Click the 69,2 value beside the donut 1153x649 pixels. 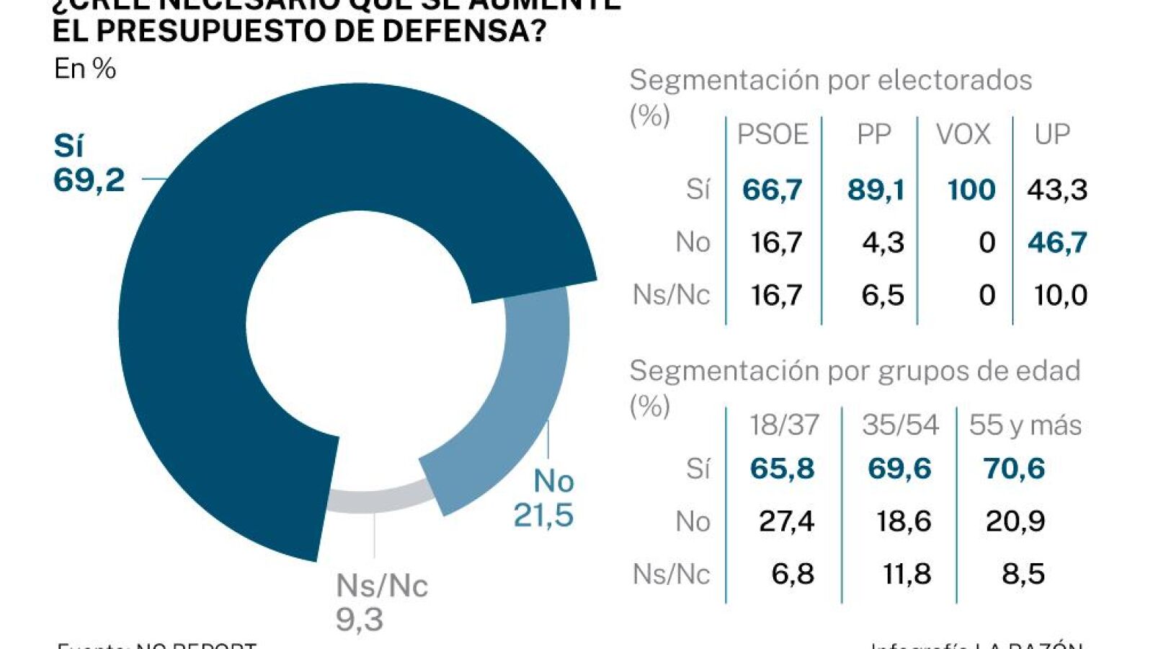pos(89,180)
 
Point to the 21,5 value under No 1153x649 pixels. pos(543,515)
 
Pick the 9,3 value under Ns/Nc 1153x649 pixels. pos(360,619)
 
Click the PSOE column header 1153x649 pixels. pos(773,135)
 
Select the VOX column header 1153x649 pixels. pos(963,135)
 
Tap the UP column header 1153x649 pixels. pos(1052,135)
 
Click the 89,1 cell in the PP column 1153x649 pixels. pos(876,190)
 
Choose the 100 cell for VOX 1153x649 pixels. pos(971,190)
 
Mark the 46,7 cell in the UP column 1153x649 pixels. pos(1057,242)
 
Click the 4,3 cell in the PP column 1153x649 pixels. pos(883,242)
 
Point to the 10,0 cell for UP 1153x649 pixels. pos(1060,295)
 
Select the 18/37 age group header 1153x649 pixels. pos(784,425)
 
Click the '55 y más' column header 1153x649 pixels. pos(1025,425)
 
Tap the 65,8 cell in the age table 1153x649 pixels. pos(782,469)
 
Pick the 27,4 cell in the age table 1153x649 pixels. pos(786,521)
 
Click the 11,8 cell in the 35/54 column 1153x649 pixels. pos(907,574)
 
